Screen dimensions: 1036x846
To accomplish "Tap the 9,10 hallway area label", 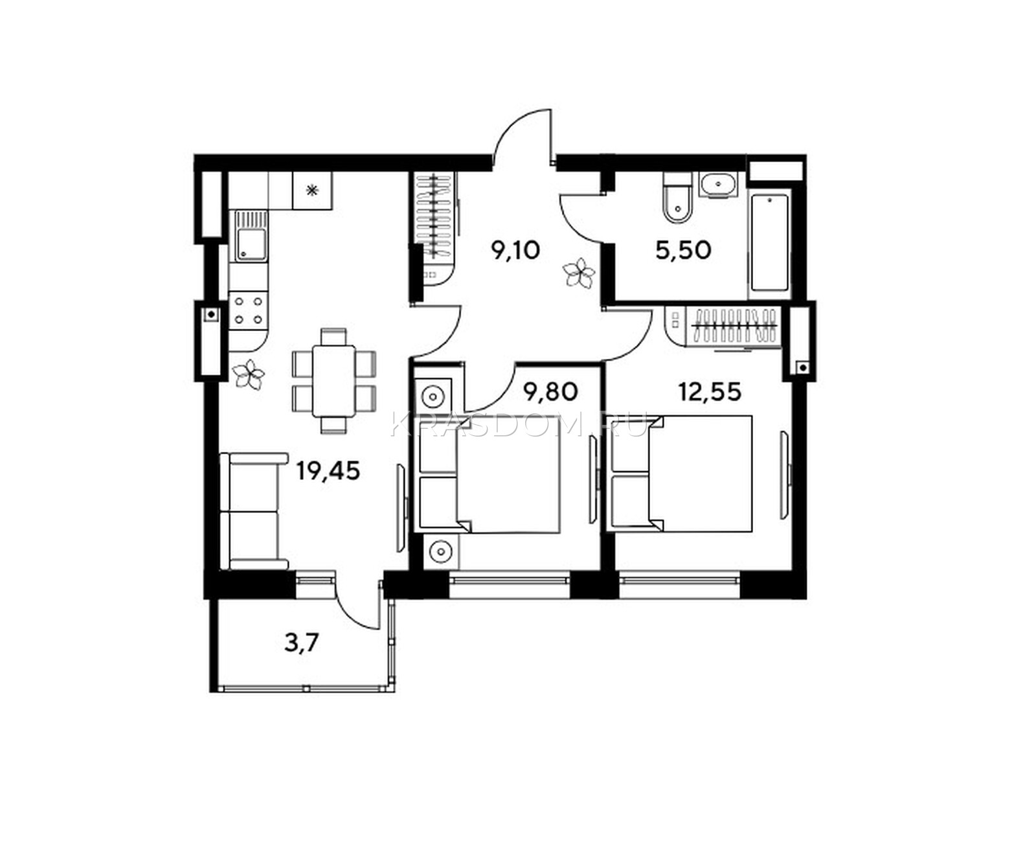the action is click(x=515, y=250).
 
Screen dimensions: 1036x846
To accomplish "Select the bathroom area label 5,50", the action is click(x=683, y=251).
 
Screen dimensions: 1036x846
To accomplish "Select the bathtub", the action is click(x=769, y=244).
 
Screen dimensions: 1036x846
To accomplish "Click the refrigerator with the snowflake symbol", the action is click(x=313, y=190).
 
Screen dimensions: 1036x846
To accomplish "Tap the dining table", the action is click(x=334, y=381).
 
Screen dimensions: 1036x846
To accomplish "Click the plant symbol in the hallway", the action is click(x=578, y=272).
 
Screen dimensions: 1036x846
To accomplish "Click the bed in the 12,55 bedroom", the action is click(x=680, y=474).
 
